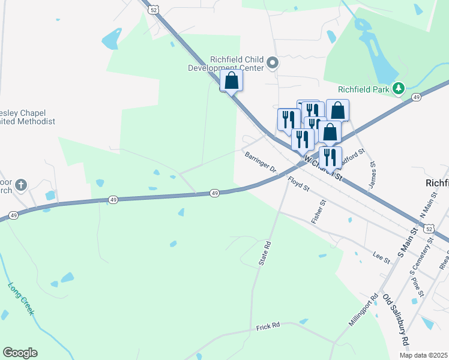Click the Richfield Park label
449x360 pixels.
(364, 89)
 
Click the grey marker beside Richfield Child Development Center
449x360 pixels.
(273, 63)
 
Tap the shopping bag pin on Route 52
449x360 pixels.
(232, 82)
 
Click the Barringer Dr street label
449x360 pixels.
(260, 162)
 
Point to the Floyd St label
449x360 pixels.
(298, 184)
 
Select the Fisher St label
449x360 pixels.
(319, 212)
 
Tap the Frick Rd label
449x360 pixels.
(268, 326)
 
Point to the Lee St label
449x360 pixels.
(381, 258)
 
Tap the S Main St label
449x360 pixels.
(406, 239)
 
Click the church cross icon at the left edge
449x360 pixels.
(21, 185)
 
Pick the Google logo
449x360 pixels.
(20, 353)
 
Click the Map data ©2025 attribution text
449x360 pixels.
(423, 355)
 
